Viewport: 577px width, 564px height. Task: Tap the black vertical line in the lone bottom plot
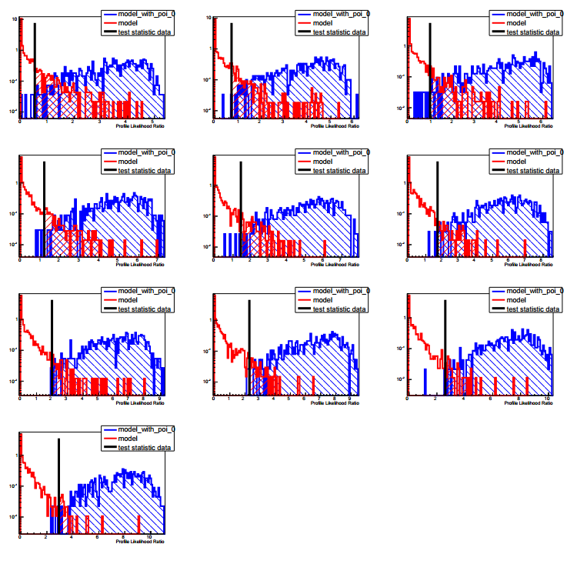coord(59,485)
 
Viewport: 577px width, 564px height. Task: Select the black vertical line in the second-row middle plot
coord(241,208)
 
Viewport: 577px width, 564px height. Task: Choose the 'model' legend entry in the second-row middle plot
coord(319,162)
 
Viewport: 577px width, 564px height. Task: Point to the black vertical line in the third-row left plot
coord(52,346)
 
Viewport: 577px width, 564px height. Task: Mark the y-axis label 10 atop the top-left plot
coord(15,19)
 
